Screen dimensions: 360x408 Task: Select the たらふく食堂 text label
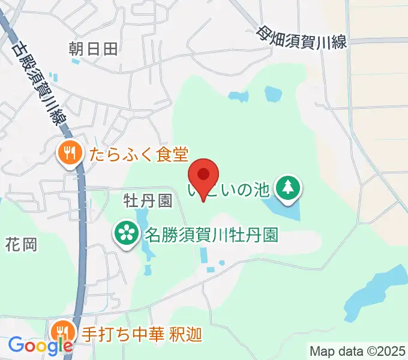(139, 155)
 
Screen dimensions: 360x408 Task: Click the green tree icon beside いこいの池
(289, 188)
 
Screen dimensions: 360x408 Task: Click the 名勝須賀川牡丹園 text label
(211, 234)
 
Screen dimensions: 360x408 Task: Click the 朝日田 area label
(93, 49)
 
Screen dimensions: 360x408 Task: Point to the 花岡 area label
(22, 244)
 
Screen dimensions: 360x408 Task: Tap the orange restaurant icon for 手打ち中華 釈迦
(62, 332)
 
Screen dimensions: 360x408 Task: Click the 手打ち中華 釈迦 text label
(142, 333)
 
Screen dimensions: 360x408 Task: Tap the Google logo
(40, 346)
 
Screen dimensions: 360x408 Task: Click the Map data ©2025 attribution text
(358, 350)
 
